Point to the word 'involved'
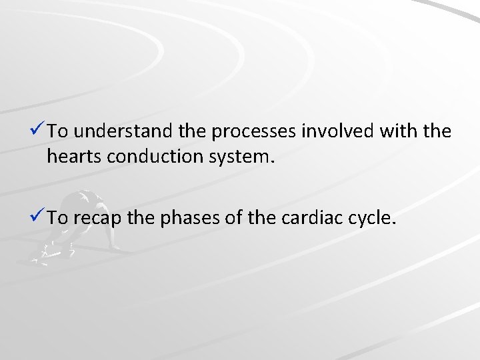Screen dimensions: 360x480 pyautogui.click(x=341, y=132)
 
